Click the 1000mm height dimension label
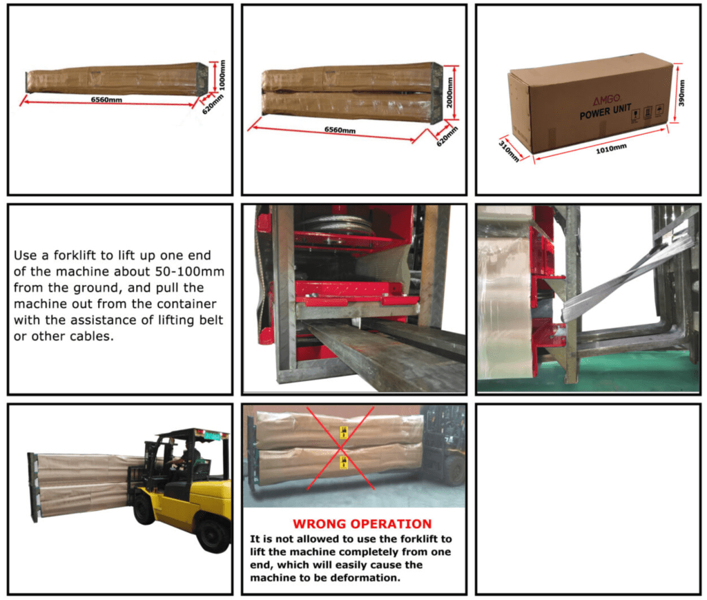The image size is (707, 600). click(222, 75)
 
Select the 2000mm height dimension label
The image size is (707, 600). click(449, 93)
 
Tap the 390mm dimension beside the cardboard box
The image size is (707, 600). click(681, 93)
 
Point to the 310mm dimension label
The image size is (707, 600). click(509, 151)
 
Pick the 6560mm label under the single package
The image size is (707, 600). click(106, 99)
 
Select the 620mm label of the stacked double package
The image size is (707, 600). click(447, 136)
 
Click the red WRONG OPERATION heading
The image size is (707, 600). click(362, 524)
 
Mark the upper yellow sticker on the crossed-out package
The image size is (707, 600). click(344, 433)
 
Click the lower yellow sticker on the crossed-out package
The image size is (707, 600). click(344, 463)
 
